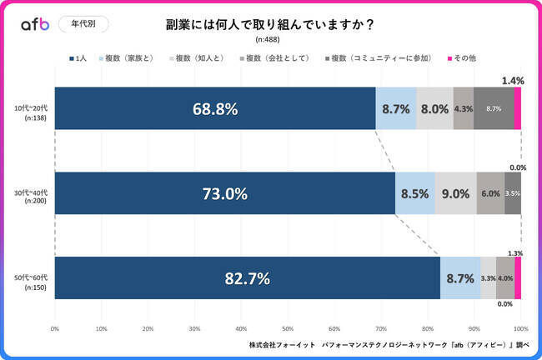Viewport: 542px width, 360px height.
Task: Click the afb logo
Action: (35, 24)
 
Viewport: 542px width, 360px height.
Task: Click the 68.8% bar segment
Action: (214, 109)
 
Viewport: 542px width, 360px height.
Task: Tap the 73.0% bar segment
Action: (224, 194)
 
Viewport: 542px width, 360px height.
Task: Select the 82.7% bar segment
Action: (247, 279)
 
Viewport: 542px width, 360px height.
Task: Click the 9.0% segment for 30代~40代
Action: (455, 194)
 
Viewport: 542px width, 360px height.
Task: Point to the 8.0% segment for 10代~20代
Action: (434, 109)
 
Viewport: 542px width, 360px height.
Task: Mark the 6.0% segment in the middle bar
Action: (490, 194)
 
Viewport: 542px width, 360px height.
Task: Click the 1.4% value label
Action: (513, 80)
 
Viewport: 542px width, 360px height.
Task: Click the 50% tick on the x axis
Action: (288, 329)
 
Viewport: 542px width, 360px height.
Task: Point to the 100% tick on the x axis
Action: (520, 329)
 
